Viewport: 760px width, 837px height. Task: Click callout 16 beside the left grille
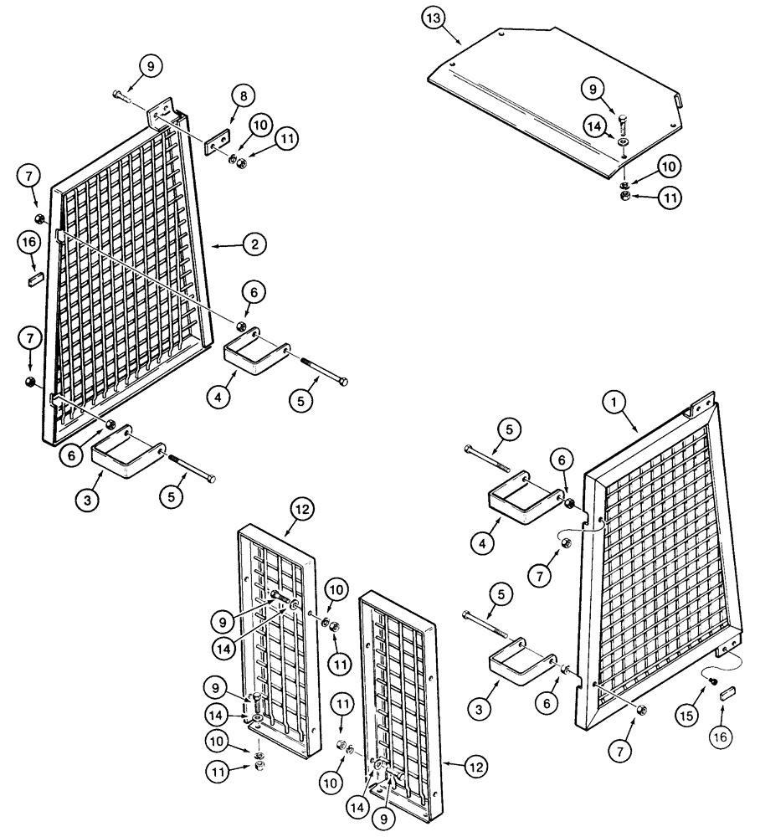[28, 243]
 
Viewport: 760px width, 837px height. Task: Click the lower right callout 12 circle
[473, 764]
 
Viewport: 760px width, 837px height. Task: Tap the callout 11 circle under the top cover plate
[670, 198]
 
